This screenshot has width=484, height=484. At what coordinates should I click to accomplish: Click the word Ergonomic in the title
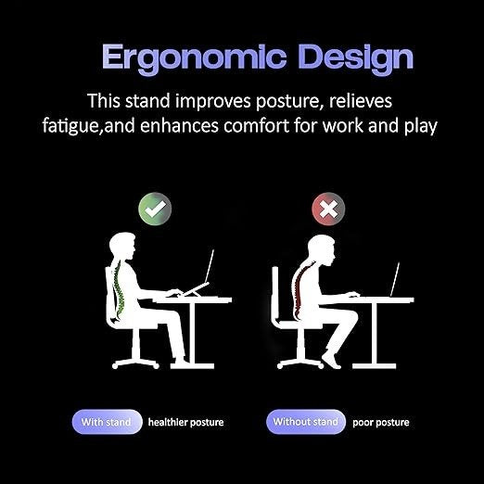tap(176, 57)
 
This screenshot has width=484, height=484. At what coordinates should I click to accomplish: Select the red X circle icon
tap(326, 210)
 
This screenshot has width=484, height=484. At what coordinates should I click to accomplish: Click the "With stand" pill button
tap(107, 422)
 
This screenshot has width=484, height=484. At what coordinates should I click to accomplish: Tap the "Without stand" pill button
tap(305, 422)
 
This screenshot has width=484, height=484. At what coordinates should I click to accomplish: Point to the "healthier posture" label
tap(185, 423)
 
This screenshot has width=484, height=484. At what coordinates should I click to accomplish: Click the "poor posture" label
tap(381, 423)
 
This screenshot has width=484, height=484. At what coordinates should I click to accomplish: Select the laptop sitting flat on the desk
tap(395, 279)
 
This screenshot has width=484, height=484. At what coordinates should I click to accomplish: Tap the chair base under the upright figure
tap(136, 357)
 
